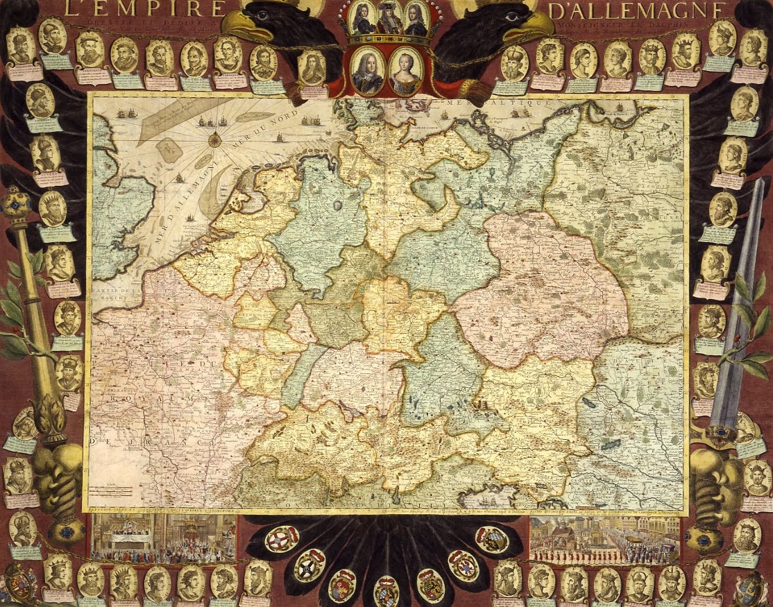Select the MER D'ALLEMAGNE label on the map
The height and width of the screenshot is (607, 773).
pyautogui.click(x=182, y=208)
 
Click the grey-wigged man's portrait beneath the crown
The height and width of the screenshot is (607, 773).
pyautogui.click(x=366, y=72)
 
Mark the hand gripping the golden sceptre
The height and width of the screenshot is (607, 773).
pyautogui.click(x=58, y=472)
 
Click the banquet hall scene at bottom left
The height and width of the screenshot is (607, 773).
pyautogui.click(x=164, y=538)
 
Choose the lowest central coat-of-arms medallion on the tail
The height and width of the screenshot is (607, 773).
pyautogui.click(x=386, y=590)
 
